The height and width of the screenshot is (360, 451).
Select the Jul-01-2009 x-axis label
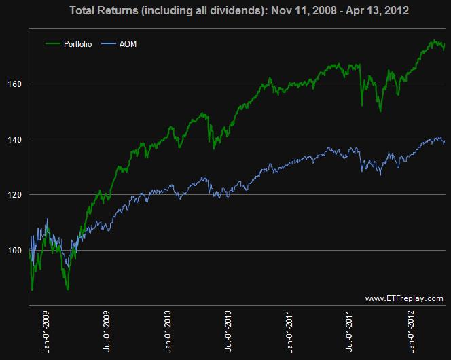107,334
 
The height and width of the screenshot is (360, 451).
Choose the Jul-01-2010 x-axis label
228,334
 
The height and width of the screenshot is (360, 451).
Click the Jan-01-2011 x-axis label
289,334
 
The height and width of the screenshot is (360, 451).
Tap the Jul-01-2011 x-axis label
349,334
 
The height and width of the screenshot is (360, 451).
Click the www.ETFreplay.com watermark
403,298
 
